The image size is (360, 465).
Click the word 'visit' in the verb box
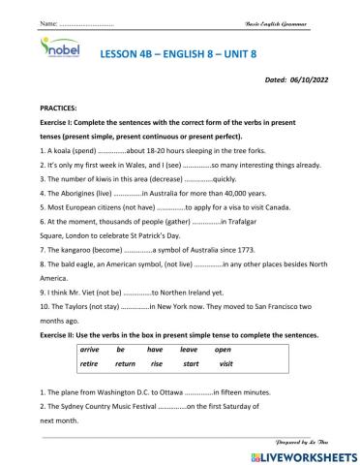[225, 364]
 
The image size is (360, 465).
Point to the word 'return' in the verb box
[125, 364]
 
